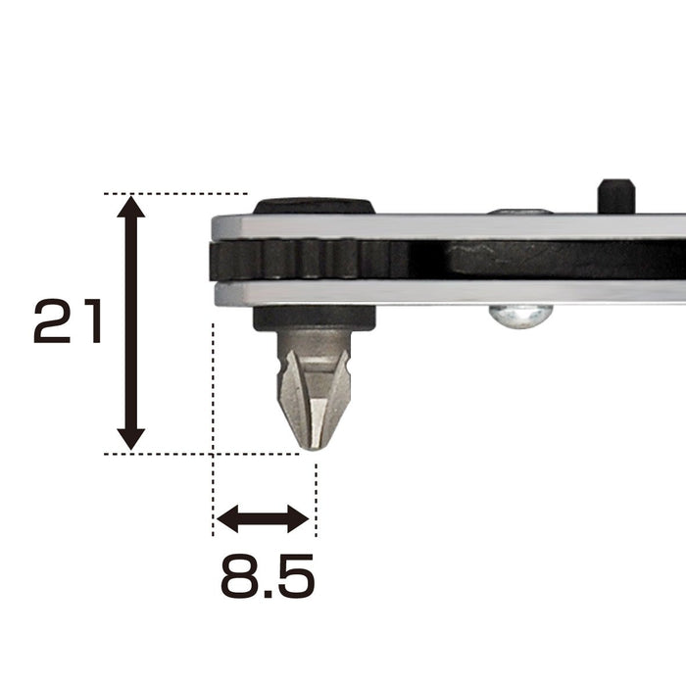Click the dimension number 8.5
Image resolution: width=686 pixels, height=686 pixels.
click(267, 576)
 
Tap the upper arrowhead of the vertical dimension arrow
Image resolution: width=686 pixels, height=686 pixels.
click(131, 207)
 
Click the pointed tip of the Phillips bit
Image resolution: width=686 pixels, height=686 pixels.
click(313, 446)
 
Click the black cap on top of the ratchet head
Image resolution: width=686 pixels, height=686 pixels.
click(314, 206)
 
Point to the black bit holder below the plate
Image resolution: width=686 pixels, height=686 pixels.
click(314, 318)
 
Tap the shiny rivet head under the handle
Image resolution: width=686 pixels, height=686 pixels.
click(520, 316)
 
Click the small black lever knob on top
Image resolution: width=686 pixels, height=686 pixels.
click(616, 194)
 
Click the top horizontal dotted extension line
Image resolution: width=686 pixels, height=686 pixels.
click(176, 193)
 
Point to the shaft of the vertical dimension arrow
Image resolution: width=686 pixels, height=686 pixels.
click(131, 323)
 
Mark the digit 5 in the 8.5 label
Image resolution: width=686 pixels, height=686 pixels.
click(293, 576)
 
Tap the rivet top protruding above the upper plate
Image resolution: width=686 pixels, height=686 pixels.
click(519, 211)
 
